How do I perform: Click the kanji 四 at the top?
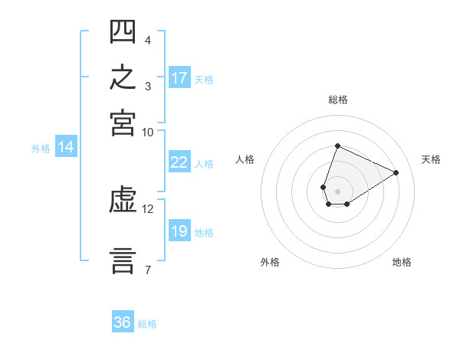click(x=123, y=31)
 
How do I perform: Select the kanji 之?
click(x=123, y=77)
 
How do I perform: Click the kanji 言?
click(x=123, y=261)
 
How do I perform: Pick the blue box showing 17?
click(x=179, y=77)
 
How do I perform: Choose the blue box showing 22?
click(x=179, y=162)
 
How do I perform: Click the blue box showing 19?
click(x=179, y=230)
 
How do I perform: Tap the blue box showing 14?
click(x=66, y=146)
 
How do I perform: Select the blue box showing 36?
click(x=123, y=321)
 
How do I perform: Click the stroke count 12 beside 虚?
click(x=147, y=209)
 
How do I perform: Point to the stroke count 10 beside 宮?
click(x=147, y=133)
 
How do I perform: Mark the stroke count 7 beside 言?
click(x=148, y=270)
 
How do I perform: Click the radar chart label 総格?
click(x=338, y=100)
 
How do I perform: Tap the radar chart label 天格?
click(x=431, y=159)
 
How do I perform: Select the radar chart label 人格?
click(x=245, y=159)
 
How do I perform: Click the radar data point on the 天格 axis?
click(x=396, y=172)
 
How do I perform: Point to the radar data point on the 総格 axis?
click(x=337, y=146)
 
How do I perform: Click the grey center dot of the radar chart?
click(x=337, y=191)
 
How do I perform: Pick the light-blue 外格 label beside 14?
click(x=41, y=149)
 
